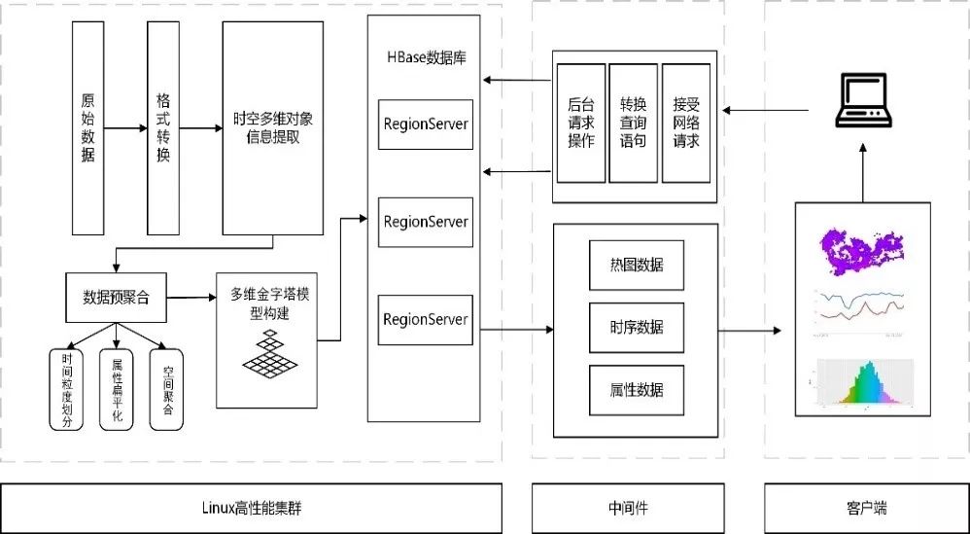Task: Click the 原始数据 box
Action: [87, 127]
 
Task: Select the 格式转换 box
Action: [162, 127]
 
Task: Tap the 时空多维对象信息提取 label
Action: [272, 127]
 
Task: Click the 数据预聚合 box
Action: [116, 298]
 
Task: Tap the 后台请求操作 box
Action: [581, 123]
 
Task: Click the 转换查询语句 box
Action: [633, 123]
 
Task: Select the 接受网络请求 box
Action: [686, 123]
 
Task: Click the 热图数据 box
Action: [636, 266]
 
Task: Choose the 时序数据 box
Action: [636, 328]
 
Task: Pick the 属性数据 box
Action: [636, 389]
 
